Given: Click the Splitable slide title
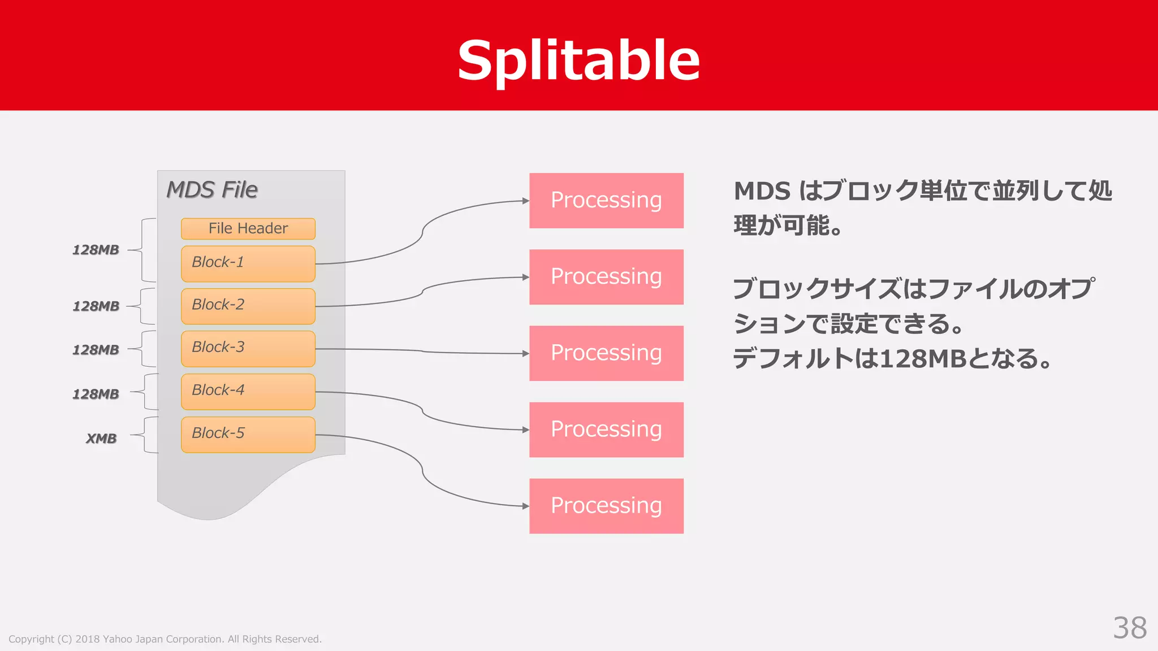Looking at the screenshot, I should pos(578,60).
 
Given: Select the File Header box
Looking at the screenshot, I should pos(248,228).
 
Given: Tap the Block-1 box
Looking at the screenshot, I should pos(248,263).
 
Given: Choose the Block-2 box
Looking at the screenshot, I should pos(248,306).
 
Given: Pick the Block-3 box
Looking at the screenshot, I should pos(248,349).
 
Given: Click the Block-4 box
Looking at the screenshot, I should pos(248,391).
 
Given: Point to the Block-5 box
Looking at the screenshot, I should pos(248,434).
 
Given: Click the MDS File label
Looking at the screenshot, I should pos(212,190).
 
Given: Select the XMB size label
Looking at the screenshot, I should pos(101,439).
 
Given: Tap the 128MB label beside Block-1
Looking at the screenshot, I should pos(96,250).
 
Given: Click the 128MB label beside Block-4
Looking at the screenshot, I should pos(96,394).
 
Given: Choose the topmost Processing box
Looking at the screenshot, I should pos(606,201).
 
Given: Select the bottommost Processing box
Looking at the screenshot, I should pos(606,506).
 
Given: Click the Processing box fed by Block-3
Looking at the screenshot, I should pos(606,353).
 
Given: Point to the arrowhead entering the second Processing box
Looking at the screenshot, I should pos(525,277).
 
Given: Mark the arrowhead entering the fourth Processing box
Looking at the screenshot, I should pos(525,429).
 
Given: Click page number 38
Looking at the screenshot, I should pos(1129,628).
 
